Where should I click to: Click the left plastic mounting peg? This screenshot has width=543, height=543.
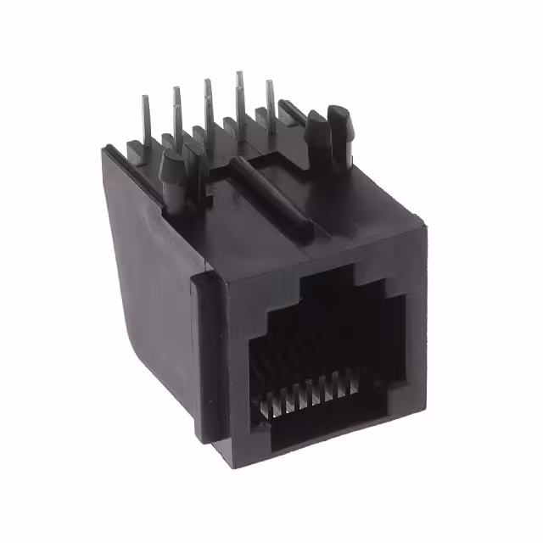click(x=173, y=173)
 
